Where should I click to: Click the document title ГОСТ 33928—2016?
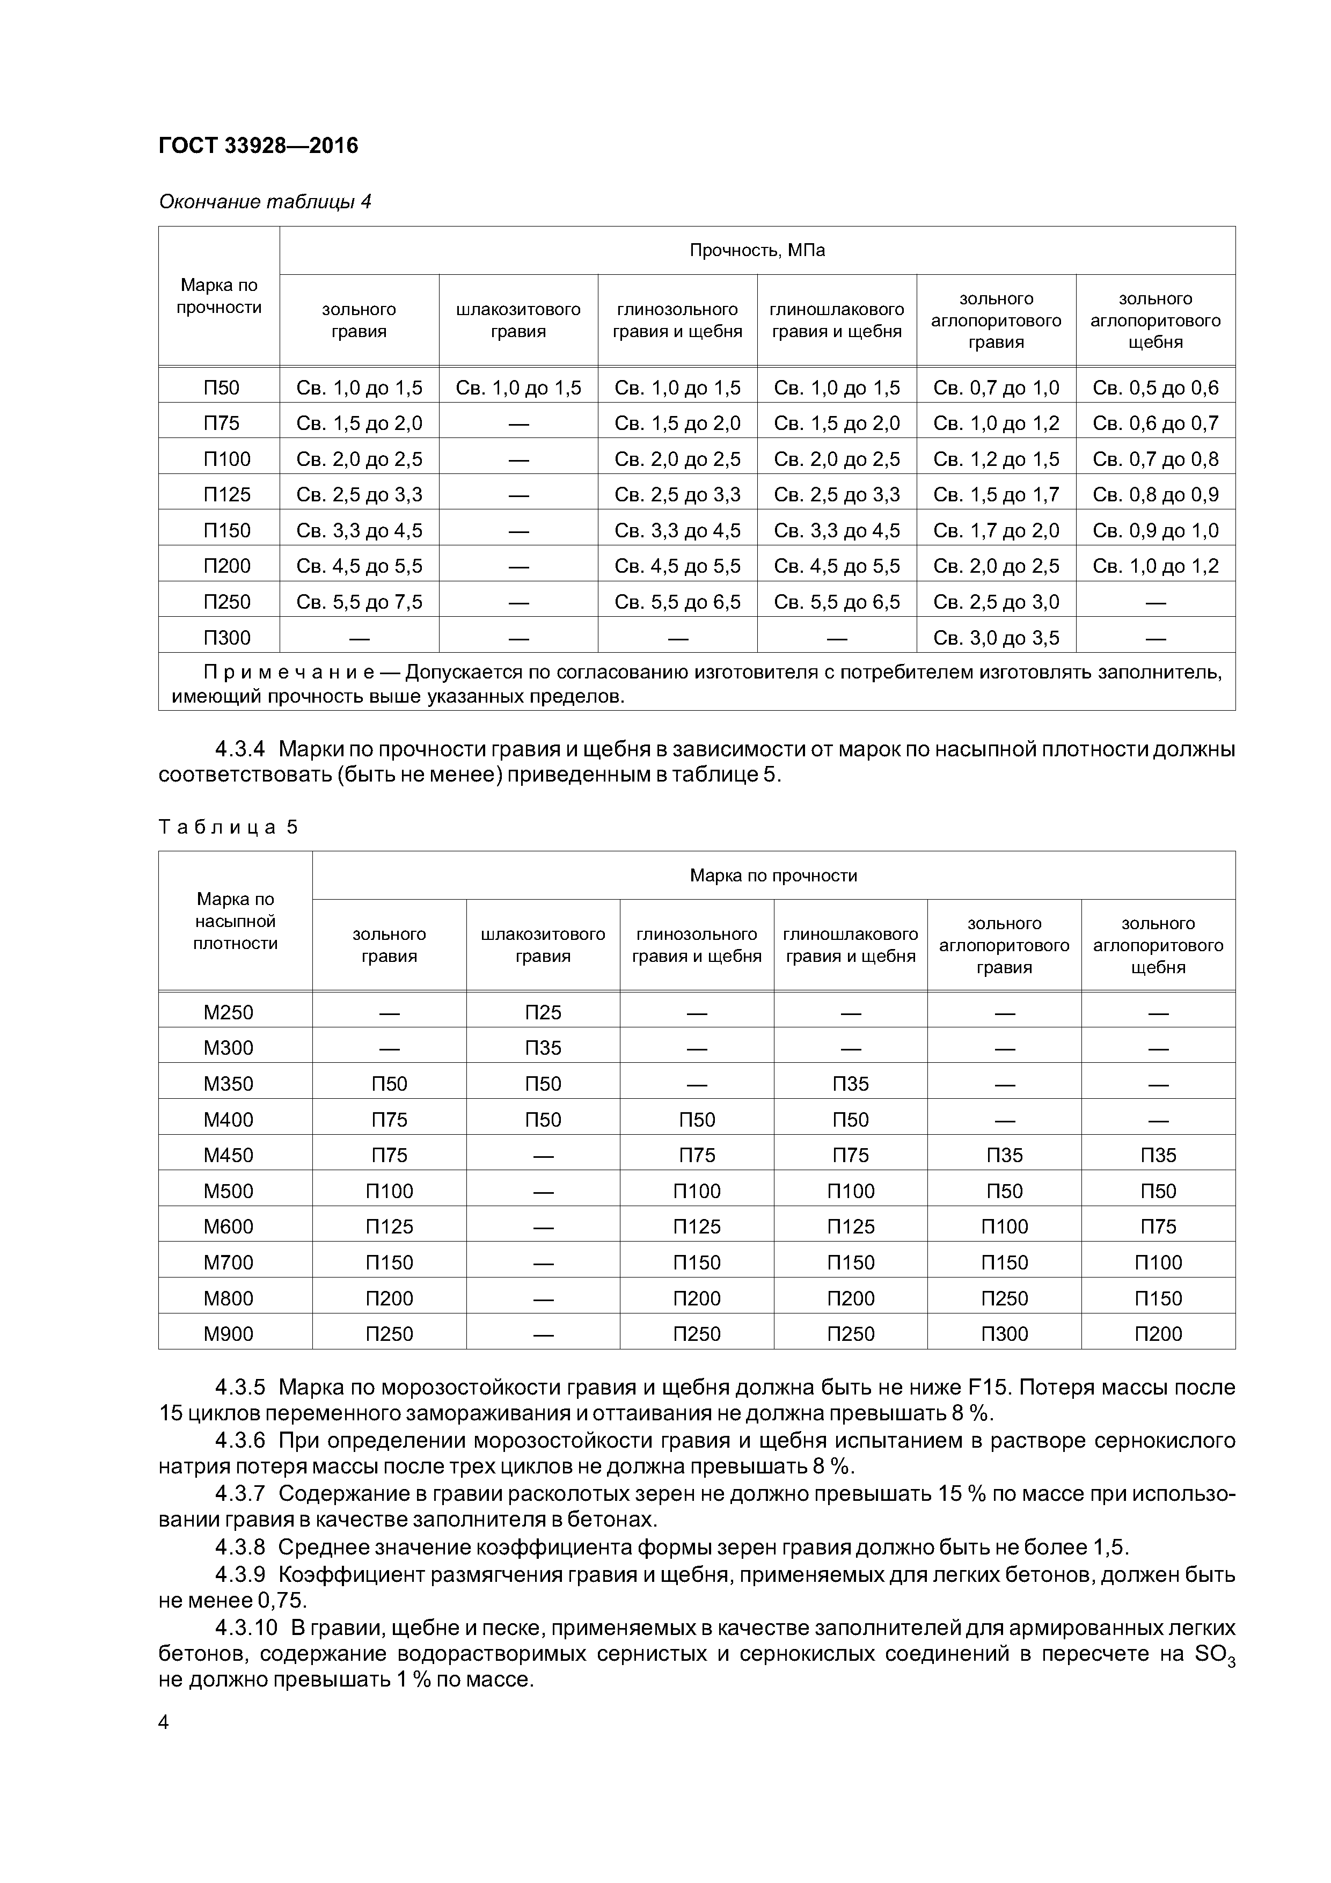[x=258, y=146]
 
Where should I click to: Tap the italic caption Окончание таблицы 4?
[x=265, y=202]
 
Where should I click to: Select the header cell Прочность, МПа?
[x=757, y=250]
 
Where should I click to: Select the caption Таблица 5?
[x=228, y=827]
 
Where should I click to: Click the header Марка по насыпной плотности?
[x=236, y=921]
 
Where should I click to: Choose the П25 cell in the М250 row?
[x=543, y=1012]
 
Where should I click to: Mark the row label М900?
[x=228, y=1333]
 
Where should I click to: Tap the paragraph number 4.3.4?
[x=240, y=749]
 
